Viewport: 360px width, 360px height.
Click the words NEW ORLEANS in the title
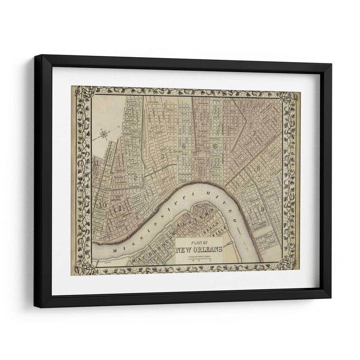pos(198,250)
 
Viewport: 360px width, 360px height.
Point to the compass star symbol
pos(104,134)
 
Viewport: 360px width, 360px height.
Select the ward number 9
pos(262,208)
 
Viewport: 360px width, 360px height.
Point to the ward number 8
pos(258,169)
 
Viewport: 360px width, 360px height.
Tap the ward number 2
pos(135,176)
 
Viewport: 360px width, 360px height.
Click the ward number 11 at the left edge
pos(96,163)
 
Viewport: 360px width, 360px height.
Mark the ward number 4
pos(184,146)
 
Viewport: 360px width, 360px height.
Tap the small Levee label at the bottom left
pos(107,260)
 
